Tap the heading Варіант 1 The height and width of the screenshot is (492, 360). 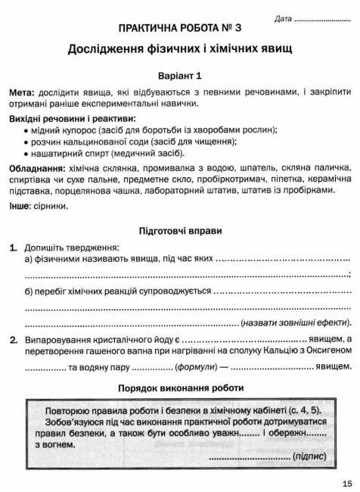pyautogui.click(x=180, y=76)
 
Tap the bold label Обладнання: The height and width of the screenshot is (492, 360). pyautogui.click(x=38, y=167)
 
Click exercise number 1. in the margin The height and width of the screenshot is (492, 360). pyautogui.click(x=14, y=248)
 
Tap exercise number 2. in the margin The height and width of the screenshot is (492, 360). pyautogui.click(x=14, y=319)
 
